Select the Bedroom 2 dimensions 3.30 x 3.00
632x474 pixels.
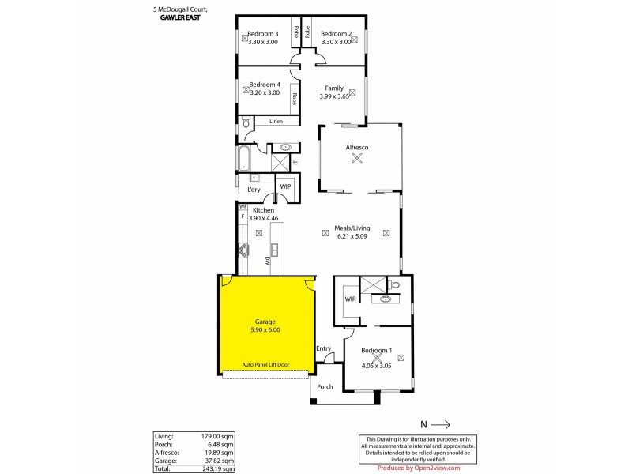[335, 42]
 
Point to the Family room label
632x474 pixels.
[334, 88]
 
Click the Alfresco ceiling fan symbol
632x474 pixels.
[357, 158]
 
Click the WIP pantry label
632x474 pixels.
[285, 186]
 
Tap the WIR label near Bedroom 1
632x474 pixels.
[351, 299]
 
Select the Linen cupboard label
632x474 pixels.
[276, 122]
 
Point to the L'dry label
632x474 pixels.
[254, 190]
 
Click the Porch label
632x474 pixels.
[325, 387]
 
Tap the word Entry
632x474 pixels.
[323, 348]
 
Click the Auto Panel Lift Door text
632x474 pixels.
[265, 365]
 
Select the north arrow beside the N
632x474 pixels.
[441, 423]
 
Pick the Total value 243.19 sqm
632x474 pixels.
[219, 469]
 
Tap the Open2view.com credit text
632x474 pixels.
[419, 468]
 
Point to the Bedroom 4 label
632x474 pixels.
[264, 85]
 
